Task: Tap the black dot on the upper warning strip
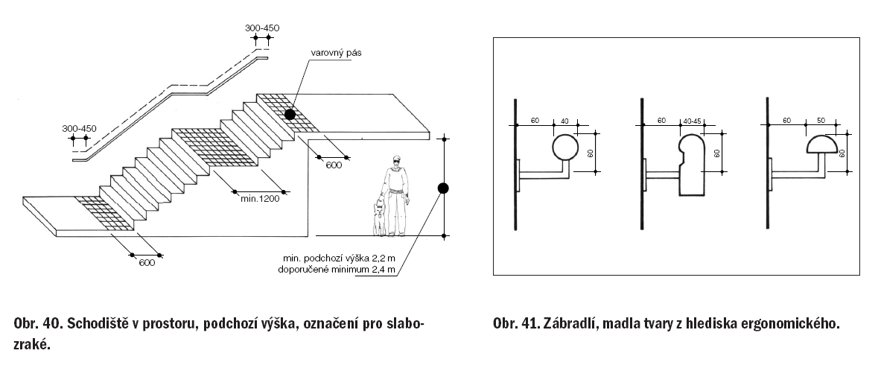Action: click(288, 114)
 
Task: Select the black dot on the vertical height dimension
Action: click(442, 188)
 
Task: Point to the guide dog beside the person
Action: click(381, 216)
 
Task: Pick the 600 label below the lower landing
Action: click(147, 262)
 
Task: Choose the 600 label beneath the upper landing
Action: click(334, 165)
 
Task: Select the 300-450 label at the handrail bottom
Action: click(80, 128)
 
